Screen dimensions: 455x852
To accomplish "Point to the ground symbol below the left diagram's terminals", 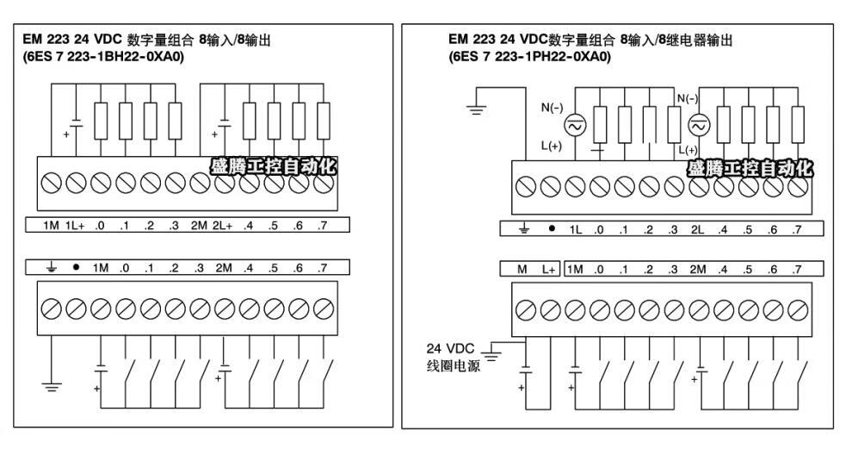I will coord(52,383).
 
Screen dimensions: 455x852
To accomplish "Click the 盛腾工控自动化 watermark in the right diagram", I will coord(749,166).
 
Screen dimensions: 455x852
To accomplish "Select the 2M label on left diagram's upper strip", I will coord(199,227).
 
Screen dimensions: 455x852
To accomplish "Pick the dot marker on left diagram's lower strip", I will coord(76,268).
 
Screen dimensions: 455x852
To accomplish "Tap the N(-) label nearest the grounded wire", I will coord(551,109).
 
